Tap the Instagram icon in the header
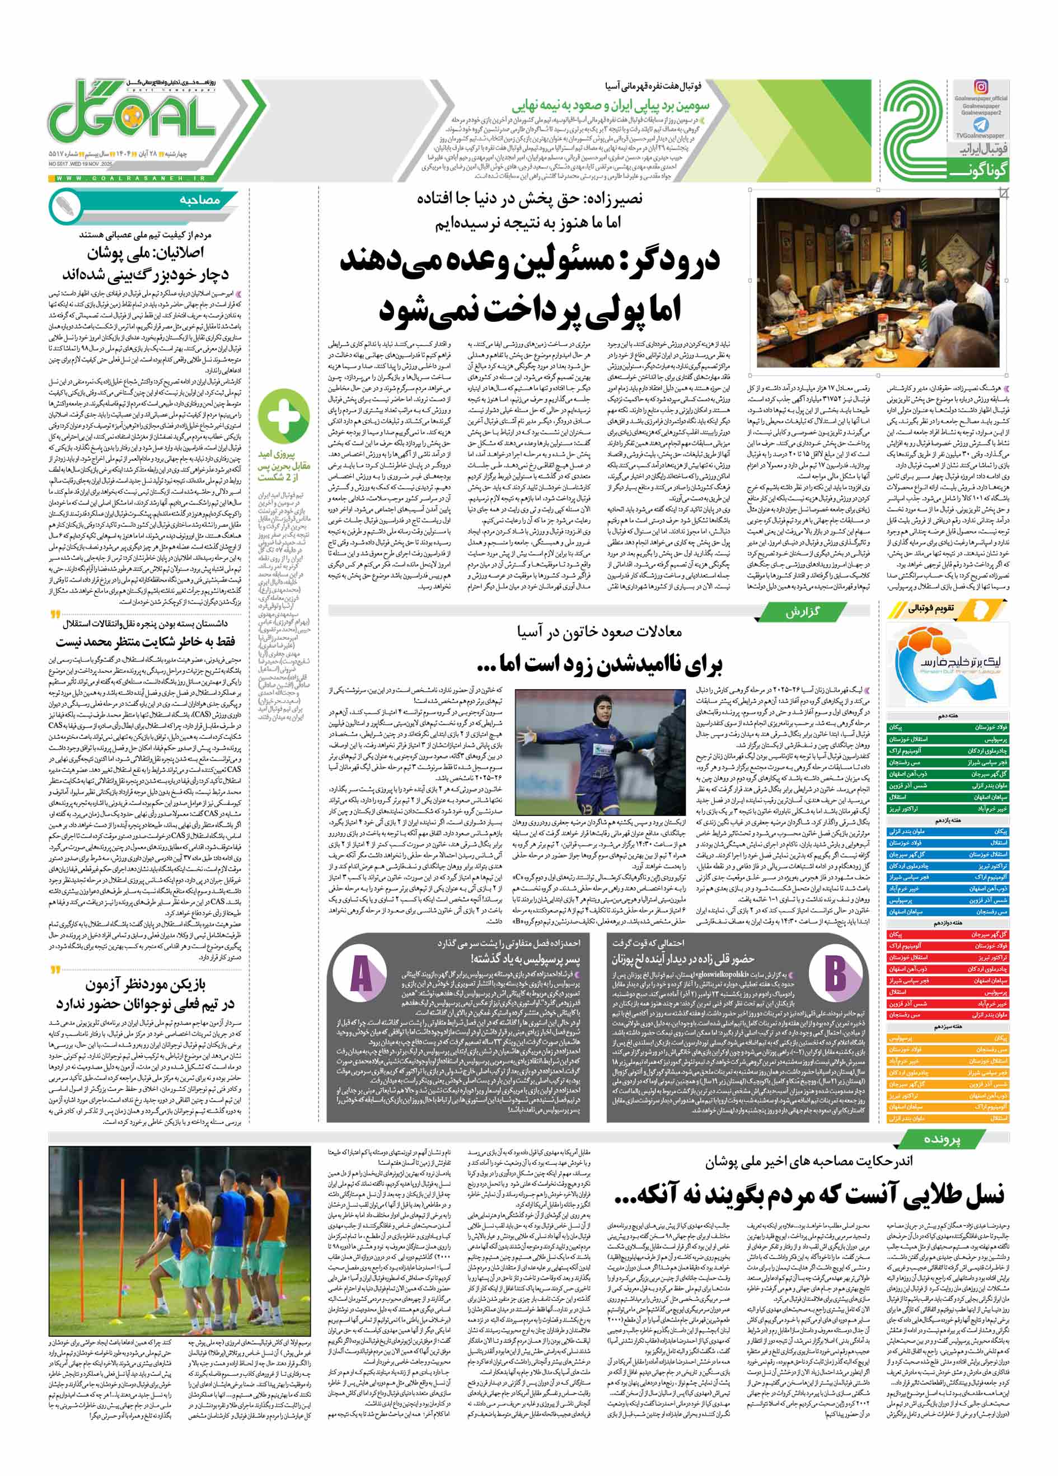pyautogui.click(x=981, y=87)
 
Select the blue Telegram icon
pyautogui.click(x=981, y=125)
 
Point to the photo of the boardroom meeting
pyautogui.click(x=878, y=283)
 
